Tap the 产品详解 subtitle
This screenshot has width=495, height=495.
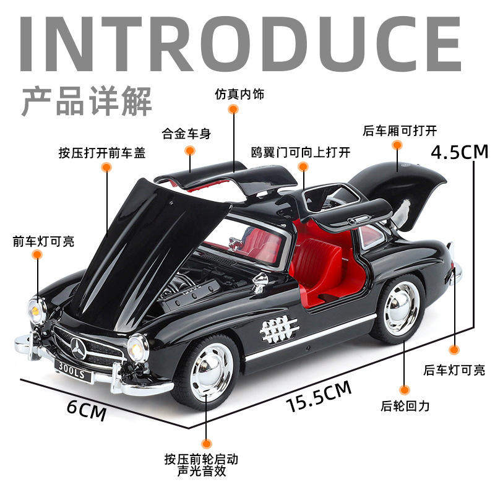click(87, 101)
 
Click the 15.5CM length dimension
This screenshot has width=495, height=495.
click(319, 397)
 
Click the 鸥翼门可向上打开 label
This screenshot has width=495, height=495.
click(301, 152)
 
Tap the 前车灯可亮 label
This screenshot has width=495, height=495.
click(43, 241)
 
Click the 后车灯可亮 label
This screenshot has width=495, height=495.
click(454, 371)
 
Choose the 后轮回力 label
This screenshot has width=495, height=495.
click(405, 406)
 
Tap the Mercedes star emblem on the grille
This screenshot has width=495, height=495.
click(79, 349)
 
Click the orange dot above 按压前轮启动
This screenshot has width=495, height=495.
click(207, 443)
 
